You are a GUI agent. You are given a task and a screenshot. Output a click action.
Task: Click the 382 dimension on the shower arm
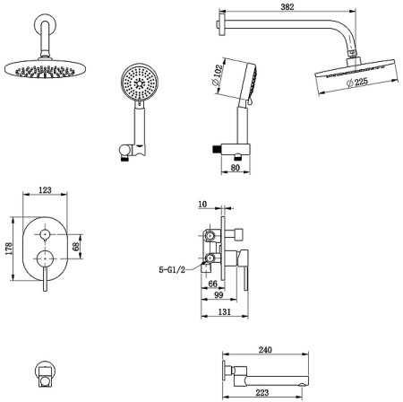pos(287,7)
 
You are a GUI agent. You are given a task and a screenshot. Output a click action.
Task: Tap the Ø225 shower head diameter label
pos(357,82)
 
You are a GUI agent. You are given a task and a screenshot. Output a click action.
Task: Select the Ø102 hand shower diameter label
pos(217,74)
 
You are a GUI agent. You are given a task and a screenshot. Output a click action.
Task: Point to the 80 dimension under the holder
pos(236,168)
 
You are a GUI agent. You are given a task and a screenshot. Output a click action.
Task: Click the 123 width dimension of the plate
pos(45,190)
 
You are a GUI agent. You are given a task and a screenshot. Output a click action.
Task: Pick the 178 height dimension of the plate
pos(8,249)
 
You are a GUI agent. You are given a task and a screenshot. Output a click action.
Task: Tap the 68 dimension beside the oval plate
pos(76,247)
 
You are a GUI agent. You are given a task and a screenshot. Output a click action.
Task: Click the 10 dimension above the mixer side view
pos(202,205)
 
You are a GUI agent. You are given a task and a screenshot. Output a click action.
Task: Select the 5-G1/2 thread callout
pos(172,270)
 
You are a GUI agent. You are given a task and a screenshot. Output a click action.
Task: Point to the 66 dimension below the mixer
pos(212,284)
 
